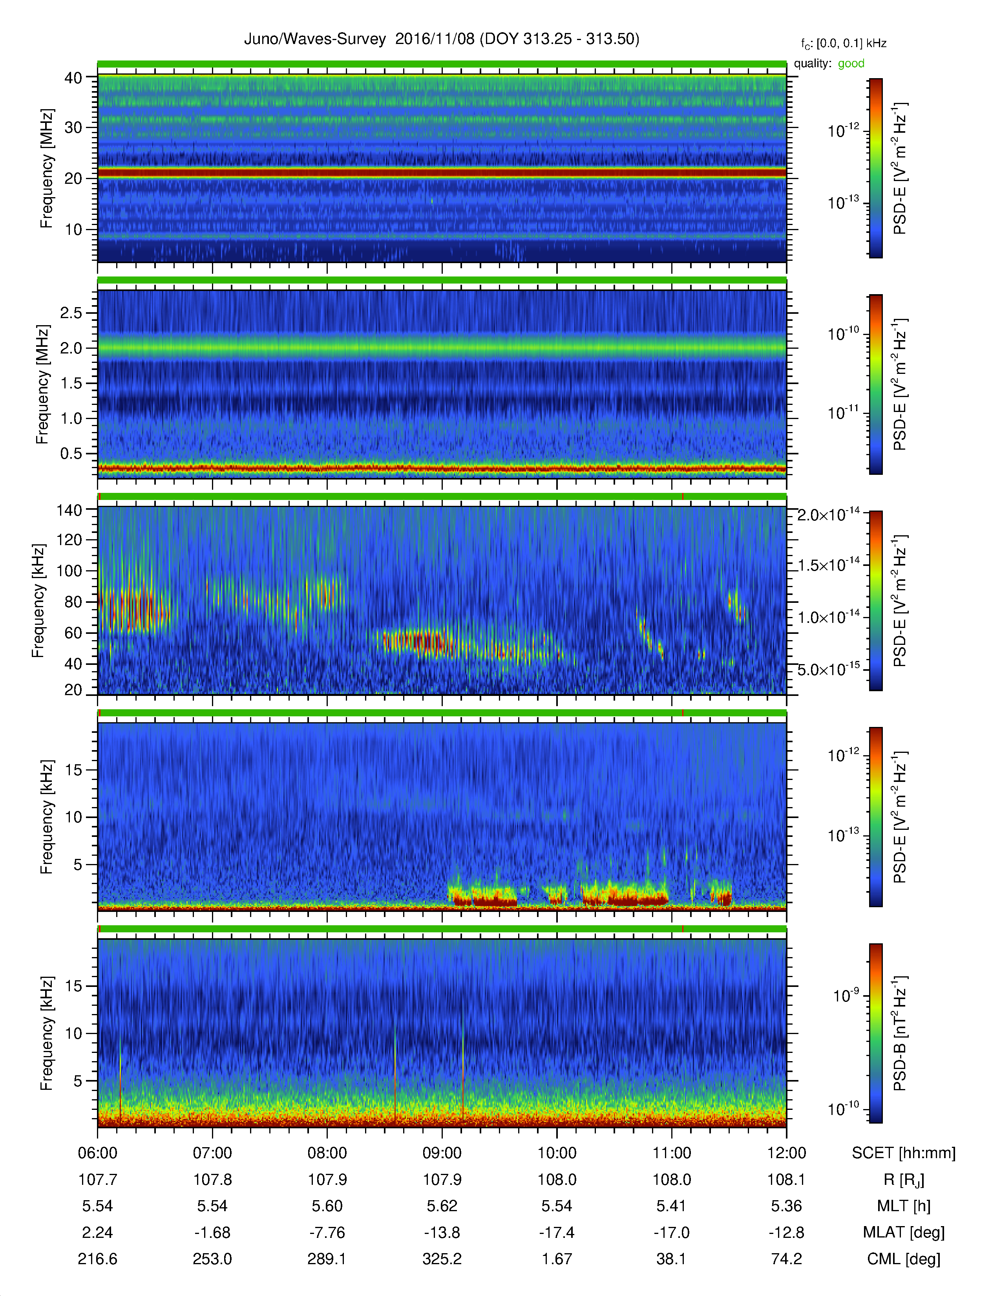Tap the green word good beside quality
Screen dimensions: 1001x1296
coord(851,64)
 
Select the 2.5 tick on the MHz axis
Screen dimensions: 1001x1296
coord(71,313)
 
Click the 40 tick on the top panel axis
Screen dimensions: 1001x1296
coord(73,78)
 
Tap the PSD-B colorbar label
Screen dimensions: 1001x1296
coord(900,1033)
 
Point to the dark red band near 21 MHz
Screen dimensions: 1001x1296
coord(442,173)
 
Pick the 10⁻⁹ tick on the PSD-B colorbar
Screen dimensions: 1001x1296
coord(846,995)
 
